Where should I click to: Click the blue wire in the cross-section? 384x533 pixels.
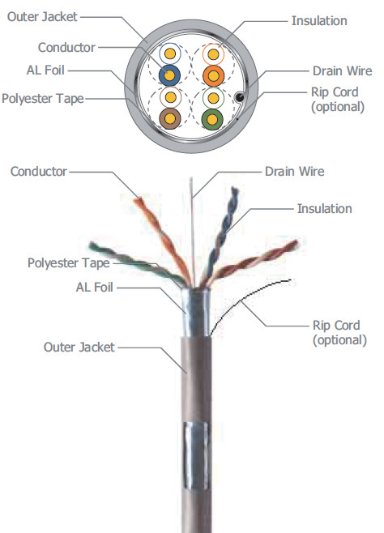[x=169, y=76]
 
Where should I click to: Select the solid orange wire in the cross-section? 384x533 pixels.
[x=213, y=76]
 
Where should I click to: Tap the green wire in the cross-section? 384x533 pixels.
[x=213, y=119]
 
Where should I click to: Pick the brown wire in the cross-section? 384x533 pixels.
[x=169, y=119]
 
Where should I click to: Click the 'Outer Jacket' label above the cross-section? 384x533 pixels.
[x=42, y=16]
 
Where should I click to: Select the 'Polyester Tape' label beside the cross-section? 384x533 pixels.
[x=42, y=98]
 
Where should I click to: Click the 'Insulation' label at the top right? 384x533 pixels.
[x=319, y=20]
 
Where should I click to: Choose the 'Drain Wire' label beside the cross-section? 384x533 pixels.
[x=342, y=71]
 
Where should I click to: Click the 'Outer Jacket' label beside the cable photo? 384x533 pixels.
[x=79, y=347]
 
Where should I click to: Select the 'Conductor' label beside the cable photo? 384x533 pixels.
[x=38, y=171]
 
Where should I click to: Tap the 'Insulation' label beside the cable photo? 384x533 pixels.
[x=324, y=209]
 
